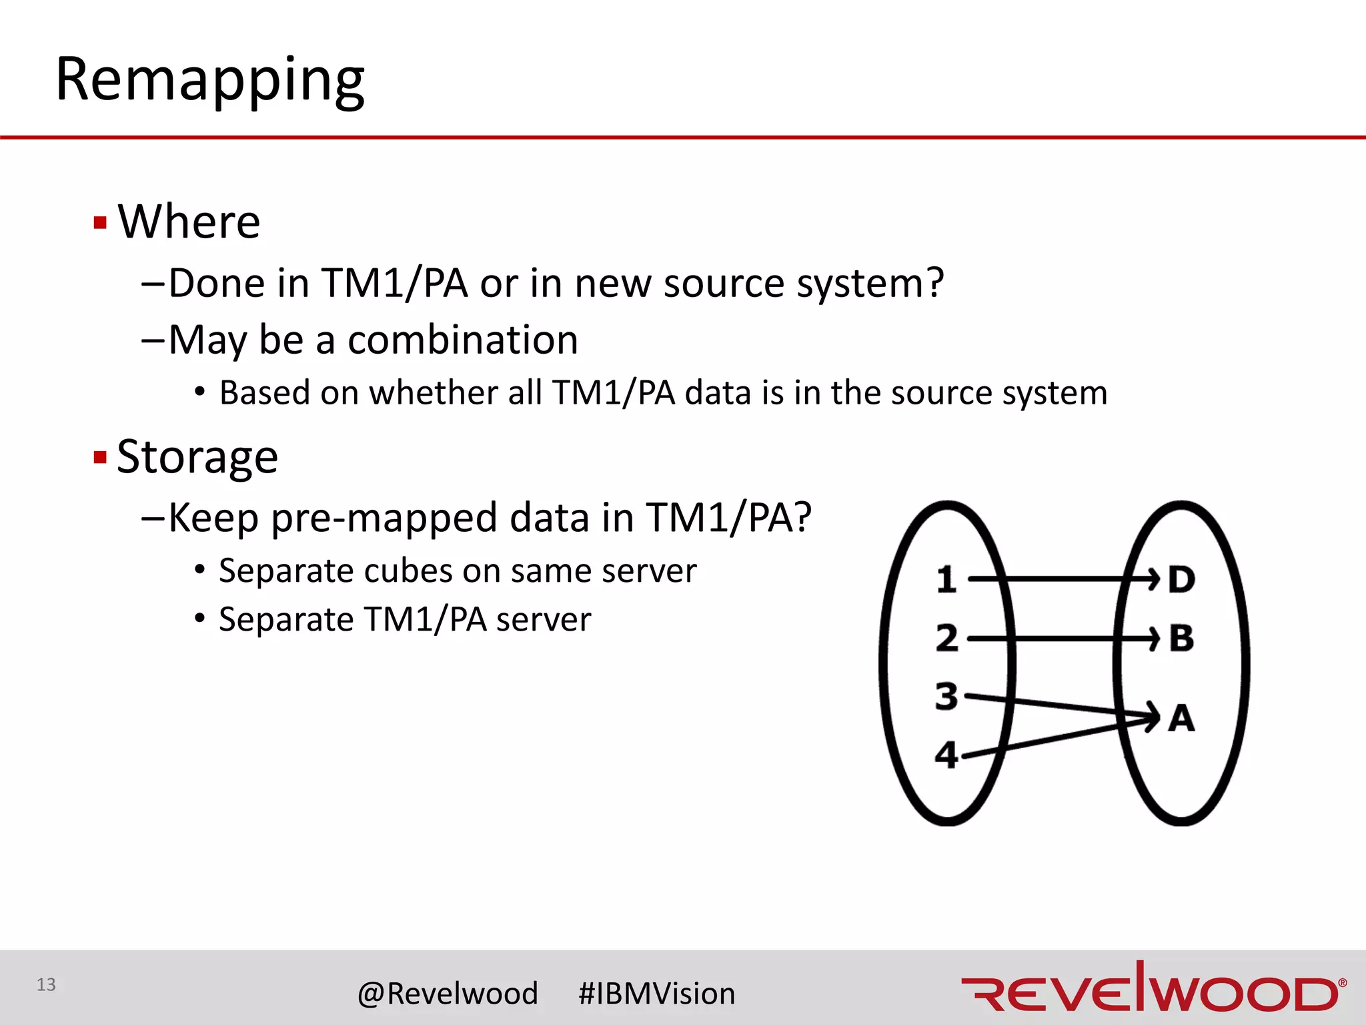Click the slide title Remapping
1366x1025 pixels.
209,80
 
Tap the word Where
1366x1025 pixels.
189,222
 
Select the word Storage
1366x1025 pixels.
197,458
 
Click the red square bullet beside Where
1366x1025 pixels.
101,222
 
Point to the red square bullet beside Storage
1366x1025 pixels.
101,458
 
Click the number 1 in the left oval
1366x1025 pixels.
946,579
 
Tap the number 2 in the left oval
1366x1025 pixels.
946,638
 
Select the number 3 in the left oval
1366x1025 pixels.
946,696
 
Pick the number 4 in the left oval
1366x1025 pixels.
946,755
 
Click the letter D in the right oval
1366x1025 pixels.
1181,579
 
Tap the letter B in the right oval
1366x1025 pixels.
1181,638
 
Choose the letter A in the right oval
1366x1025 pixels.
1181,719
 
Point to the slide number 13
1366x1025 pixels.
46,984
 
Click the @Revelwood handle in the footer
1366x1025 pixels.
448,994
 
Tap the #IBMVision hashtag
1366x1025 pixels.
656,994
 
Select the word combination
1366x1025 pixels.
463,340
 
